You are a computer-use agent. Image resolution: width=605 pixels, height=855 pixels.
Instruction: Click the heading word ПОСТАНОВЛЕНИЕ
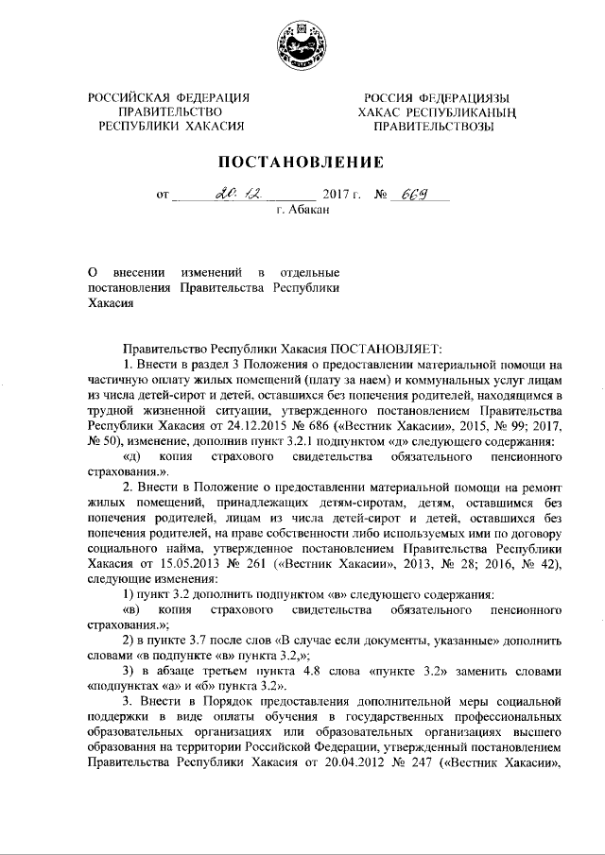pos(302,162)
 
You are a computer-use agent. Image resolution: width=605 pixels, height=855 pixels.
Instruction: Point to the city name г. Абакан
pos(302,210)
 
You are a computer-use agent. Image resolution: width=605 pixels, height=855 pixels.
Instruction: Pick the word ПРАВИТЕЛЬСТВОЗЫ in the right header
pos(433,127)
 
